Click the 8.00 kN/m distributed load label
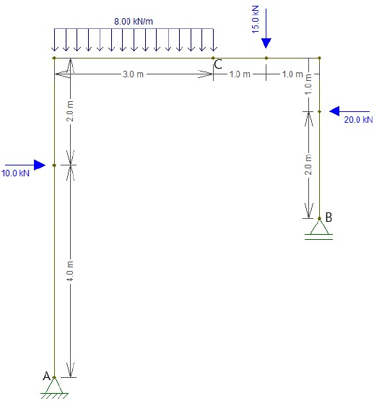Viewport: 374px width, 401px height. click(134, 21)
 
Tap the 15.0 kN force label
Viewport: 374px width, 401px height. click(256, 20)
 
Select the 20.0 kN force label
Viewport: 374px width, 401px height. click(358, 119)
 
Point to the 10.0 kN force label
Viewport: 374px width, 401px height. click(15, 173)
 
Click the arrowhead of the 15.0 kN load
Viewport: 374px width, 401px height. click(266, 43)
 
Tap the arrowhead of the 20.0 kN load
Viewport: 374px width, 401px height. click(334, 111)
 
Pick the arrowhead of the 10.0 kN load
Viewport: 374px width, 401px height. click(40, 165)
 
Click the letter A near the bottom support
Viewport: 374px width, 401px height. click(46, 376)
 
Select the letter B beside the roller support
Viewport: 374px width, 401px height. click(329, 217)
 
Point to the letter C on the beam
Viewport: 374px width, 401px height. click(218, 64)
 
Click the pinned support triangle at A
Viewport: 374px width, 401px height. click(54, 386)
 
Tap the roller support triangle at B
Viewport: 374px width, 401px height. click(319, 227)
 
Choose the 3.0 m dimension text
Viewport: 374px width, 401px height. click(133, 74)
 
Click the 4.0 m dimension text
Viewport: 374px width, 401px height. click(70, 271)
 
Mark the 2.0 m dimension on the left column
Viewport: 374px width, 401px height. click(70, 111)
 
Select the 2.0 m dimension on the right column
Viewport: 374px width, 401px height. click(308, 165)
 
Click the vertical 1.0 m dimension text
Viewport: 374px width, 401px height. click(308, 84)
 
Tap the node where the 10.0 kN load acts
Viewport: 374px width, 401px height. click(54, 165)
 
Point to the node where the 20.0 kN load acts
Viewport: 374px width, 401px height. click(319, 111)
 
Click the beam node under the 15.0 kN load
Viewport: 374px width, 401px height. click(266, 58)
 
